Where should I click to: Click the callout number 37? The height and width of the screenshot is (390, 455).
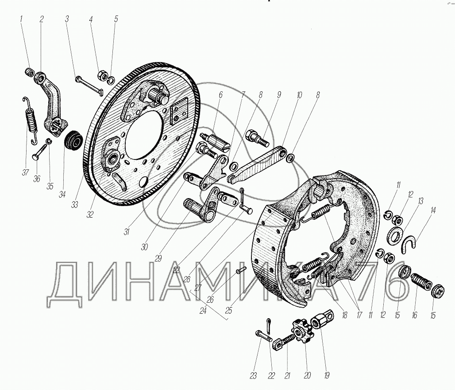[x=25, y=172]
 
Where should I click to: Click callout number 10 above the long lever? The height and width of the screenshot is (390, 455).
[x=299, y=95]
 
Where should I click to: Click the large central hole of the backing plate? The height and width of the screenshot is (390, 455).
[x=144, y=135]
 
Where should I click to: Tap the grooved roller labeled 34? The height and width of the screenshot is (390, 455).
[x=74, y=140]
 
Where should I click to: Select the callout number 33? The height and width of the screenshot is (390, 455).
[x=74, y=205]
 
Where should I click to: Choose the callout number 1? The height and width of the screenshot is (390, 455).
[x=21, y=19]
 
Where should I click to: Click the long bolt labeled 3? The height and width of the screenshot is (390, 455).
[x=89, y=84]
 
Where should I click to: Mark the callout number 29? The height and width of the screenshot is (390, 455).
[x=158, y=258]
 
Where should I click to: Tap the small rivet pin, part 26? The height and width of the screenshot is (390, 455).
[x=241, y=270]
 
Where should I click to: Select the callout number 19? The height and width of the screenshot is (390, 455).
[x=327, y=375]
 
